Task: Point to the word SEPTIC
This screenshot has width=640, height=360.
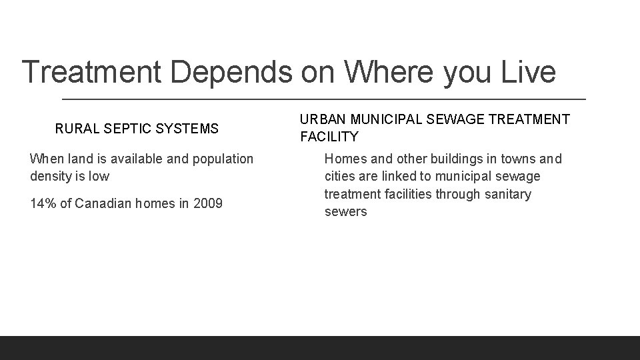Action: pyautogui.click(x=122, y=128)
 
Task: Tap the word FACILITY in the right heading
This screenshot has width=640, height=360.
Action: pyautogui.click(x=329, y=137)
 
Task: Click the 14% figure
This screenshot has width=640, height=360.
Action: pyautogui.click(x=43, y=203)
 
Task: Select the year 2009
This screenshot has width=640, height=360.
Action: pyautogui.click(x=208, y=203)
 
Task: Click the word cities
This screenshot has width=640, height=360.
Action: pyautogui.click(x=340, y=177)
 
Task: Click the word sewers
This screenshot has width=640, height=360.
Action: pyautogui.click(x=346, y=212)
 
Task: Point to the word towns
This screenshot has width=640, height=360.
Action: pyautogui.click(x=516, y=159)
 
